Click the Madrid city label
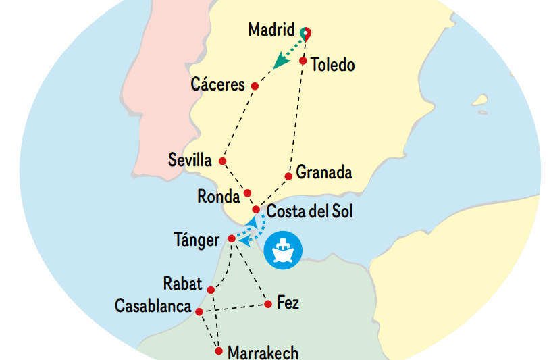[271, 30]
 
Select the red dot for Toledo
[303, 61]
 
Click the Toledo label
[332, 66]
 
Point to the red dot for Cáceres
[255, 86]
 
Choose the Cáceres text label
[217, 85]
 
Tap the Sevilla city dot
[222, 161]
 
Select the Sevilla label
[190, 161]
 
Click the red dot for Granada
[288, 176]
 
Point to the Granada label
[324, 172]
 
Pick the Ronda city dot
[247, 193]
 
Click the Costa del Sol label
[309, 211]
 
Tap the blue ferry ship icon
[283, 251]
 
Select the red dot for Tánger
[232, 239]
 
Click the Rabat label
[182, 283]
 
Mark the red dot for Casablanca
[199, 311]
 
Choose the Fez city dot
[268, 304]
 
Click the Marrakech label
[263, 352]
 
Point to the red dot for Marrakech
[218, 351]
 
